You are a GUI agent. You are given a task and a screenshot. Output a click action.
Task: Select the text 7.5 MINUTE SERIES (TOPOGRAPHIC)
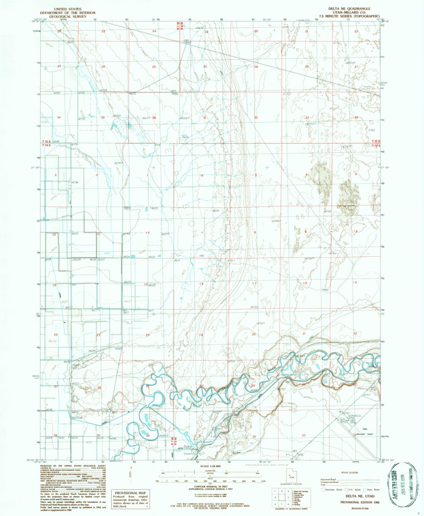click(350, 16)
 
